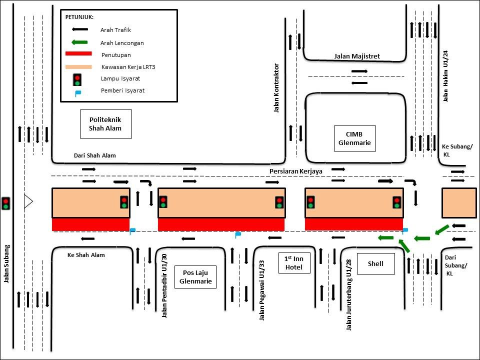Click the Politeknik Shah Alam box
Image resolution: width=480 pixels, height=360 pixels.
tap(105, 124)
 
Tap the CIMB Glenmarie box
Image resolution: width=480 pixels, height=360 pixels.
tap(354, 138)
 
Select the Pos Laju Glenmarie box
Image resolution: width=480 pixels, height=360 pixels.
tap(195, 276)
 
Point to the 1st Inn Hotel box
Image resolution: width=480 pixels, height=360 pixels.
tap(294, 263)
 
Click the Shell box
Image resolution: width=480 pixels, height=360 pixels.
tap(375, 263)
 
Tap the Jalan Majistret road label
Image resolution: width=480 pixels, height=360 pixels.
tap(357, 56)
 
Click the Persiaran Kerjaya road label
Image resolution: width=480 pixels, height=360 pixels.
tap(295, 171)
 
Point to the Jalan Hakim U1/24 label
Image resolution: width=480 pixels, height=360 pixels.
tap(445, 75)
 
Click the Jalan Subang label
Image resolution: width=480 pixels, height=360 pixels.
tap(7, 263)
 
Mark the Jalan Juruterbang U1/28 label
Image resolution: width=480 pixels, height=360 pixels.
tap(348, 294)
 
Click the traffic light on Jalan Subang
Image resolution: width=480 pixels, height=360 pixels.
tap(6, 203)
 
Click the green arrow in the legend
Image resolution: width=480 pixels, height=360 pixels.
tap(79, 42)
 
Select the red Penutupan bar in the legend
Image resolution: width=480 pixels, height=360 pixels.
tap(78, 54)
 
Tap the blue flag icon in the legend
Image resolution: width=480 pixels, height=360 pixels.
tap(77, 92)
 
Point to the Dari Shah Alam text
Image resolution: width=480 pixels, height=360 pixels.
tap(94, 155)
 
